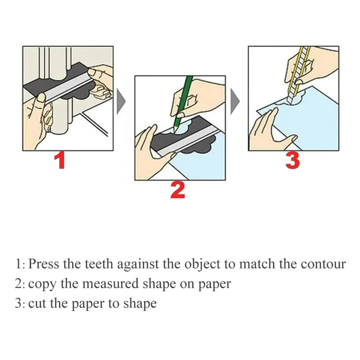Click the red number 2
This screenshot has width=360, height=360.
pyautogui.click(x=178, y=190)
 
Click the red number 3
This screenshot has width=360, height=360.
pyautogui.click(x=293, y=160)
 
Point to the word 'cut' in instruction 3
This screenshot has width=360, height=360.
pyautogui.click(x=36, y=303)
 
